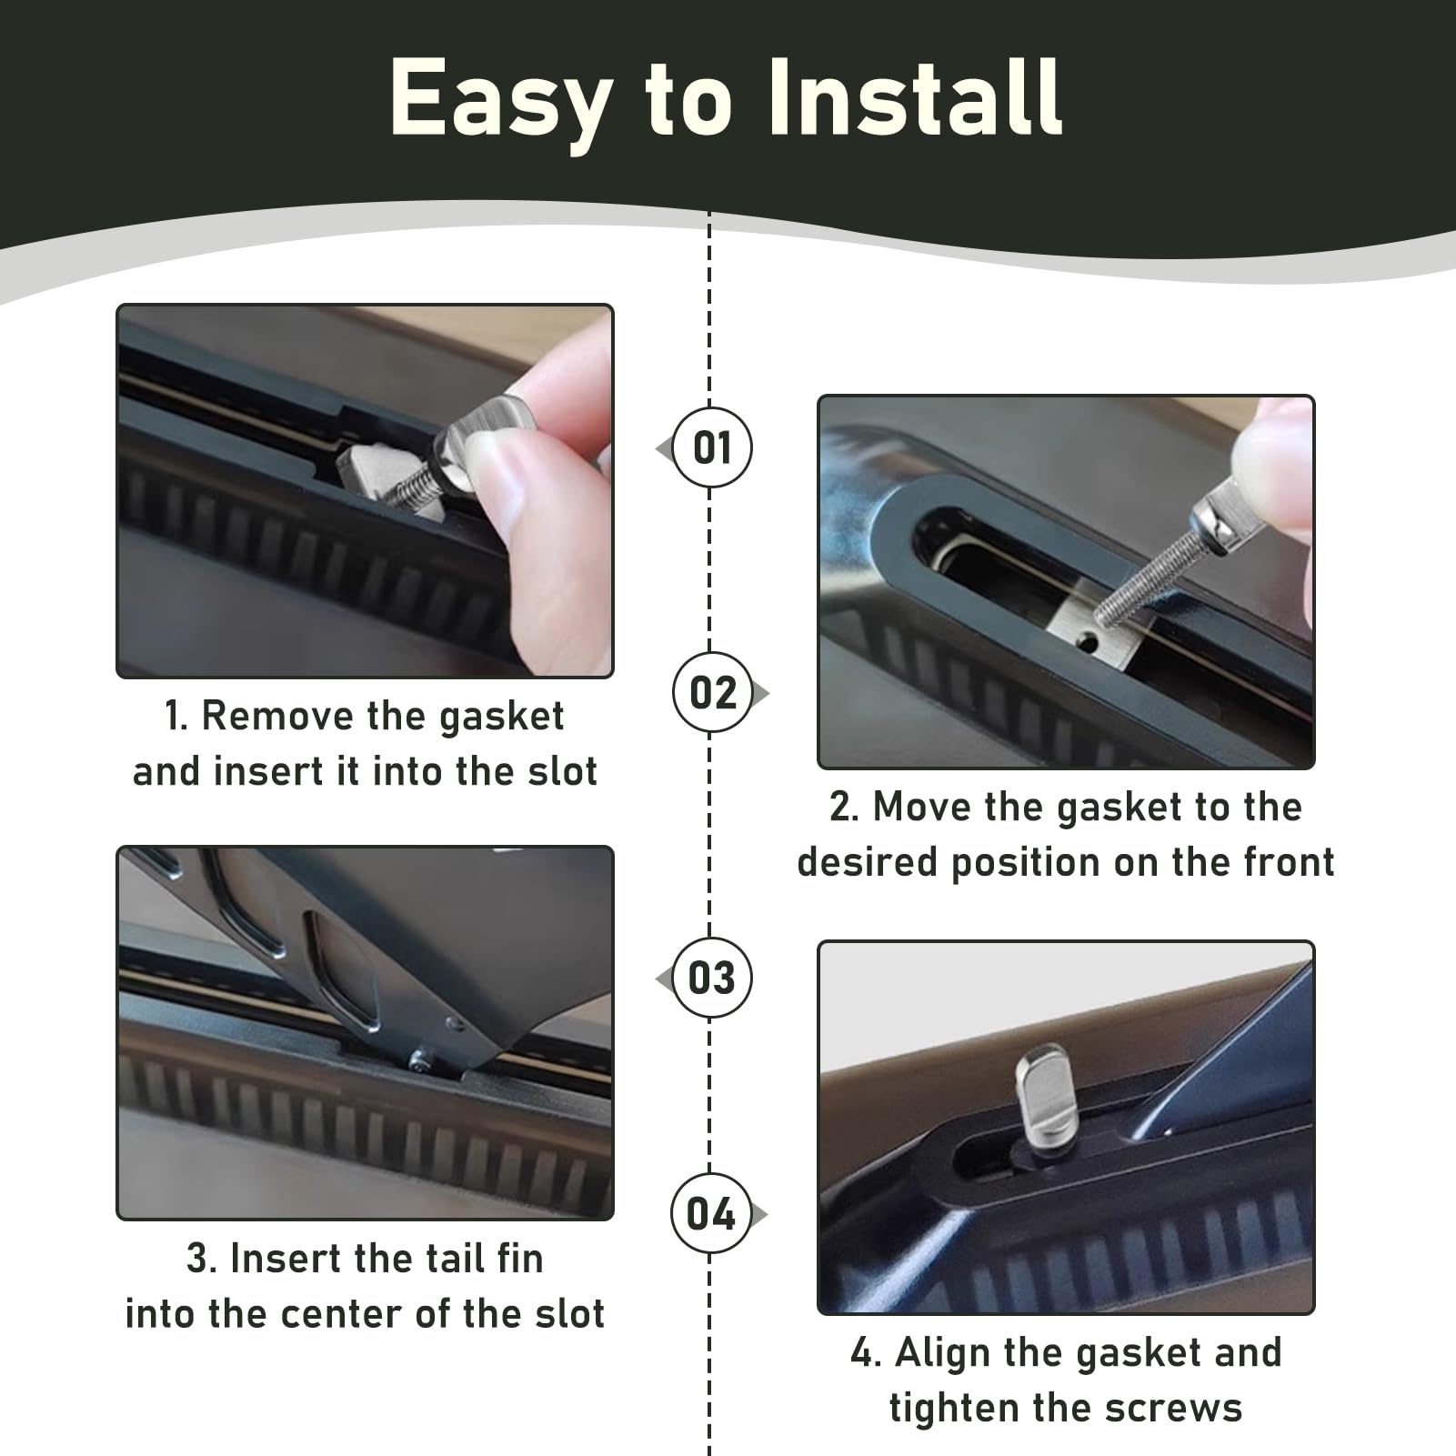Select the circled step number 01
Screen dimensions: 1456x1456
pyautogui.click(x=712, y=448)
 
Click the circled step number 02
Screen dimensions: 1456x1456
pyautogui.click(x=712, y=693)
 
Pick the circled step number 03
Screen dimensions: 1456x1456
pyautogui.click(x=712, y=979)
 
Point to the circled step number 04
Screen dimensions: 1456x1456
pyautogui.click(x=711, y=1214)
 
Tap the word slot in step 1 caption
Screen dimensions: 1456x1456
pyautogui.click(x=560, y=771)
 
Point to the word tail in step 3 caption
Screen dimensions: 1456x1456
pyautogui.click(x=427, y=1259)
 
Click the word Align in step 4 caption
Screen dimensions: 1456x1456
pyautogui.click(x=938, y=1353)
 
